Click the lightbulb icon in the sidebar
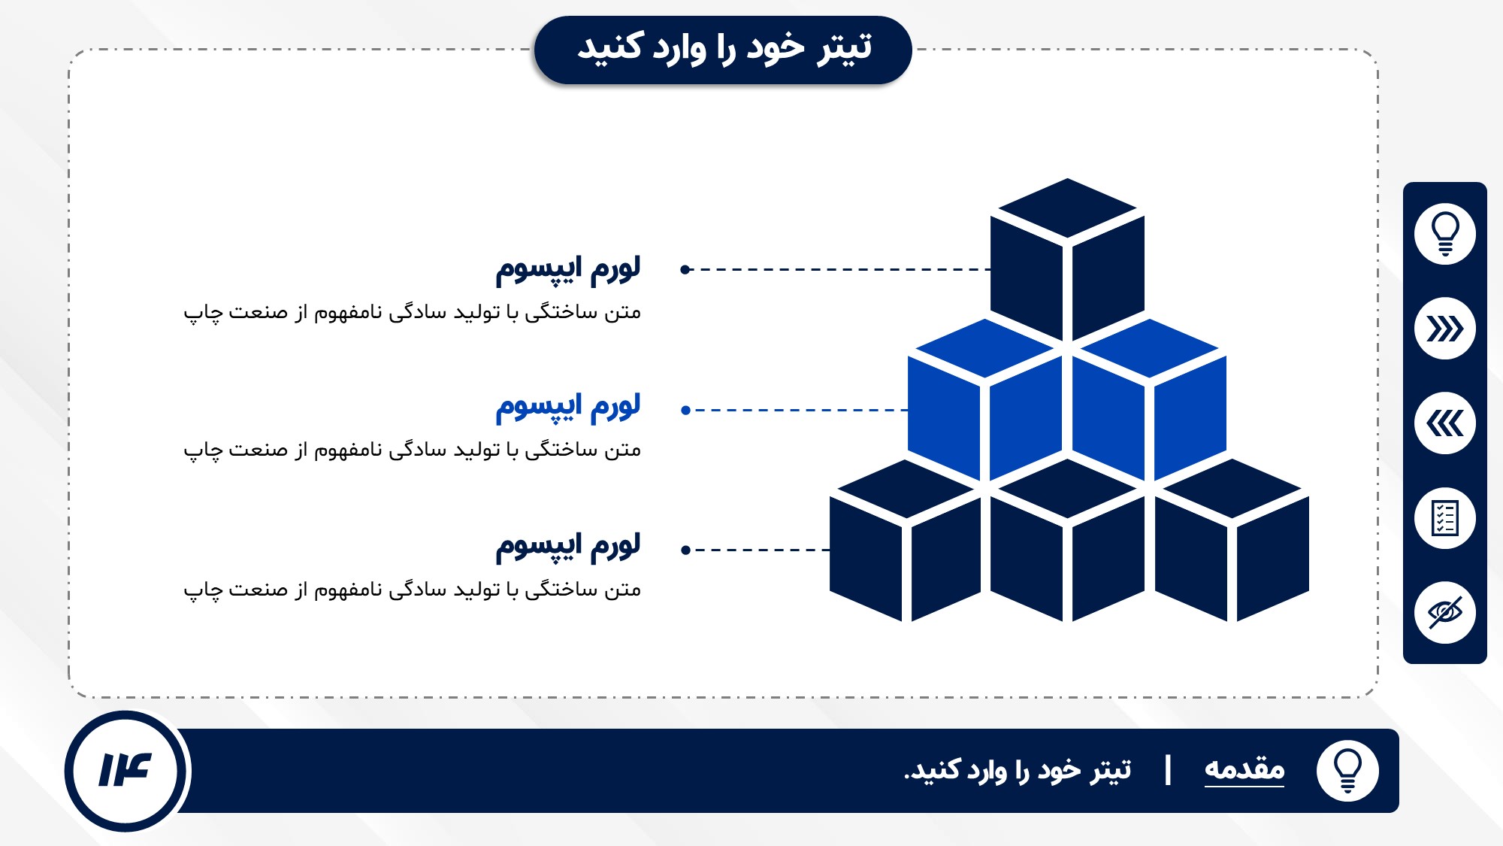[x=1444, y=234]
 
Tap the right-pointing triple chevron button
[x=1444, y=329]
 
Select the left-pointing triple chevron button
[x=1444, y=423]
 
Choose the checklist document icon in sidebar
[x=1444, y=518]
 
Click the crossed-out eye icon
[x=1444, y=613]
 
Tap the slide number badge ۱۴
[x=126, y=771]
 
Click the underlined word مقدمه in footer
[x=1244, y=769]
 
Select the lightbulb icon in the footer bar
[x=1347, y=771]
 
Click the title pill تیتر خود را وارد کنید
[x=723, y=50]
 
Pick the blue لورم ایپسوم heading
[x=568, y=407]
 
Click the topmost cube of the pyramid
[x=1067, y=259]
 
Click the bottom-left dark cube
[x=906, y=541]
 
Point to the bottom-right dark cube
[x=1232, y=541]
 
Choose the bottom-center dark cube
[x=1067, y=541]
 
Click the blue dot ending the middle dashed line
[x=685, y=410]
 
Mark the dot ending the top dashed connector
[x=685, y=269]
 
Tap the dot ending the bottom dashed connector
[x=685, y=550]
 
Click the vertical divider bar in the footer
[x=1168, y=771]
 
